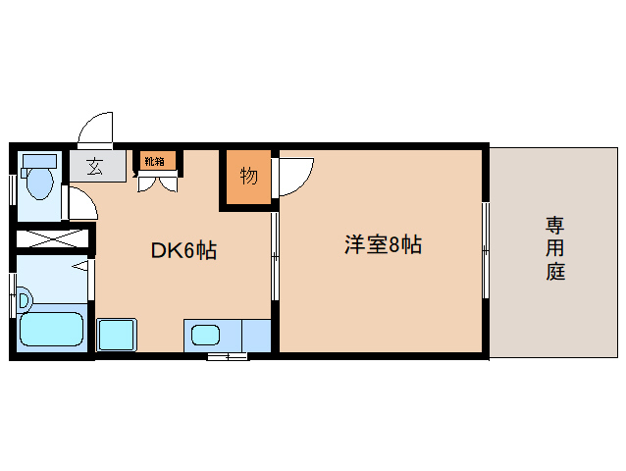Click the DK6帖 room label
click(183, 250)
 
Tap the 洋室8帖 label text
click(382, 245)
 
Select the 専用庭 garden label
click(555, 249)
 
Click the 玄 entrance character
click(95, 166)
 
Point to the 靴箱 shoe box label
click(156, 161)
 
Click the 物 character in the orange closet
click(249, 177)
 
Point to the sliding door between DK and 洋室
click(274, 255)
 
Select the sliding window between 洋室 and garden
click(485, 250)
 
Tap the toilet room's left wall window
click(13, 186)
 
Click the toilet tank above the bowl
click(40, 160)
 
